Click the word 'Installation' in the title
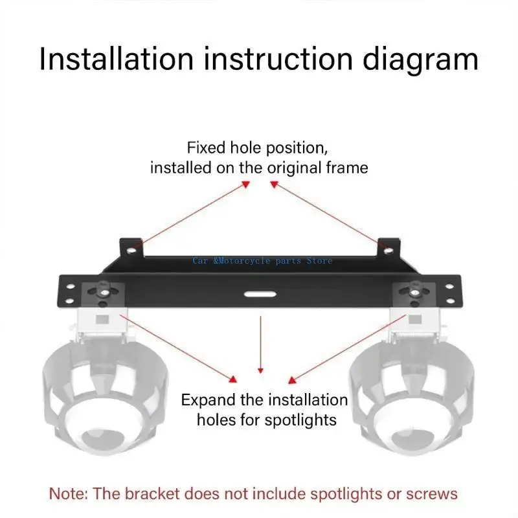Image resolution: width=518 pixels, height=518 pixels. point(116,60)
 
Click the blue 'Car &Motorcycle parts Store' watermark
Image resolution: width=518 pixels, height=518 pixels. point(262,260)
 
